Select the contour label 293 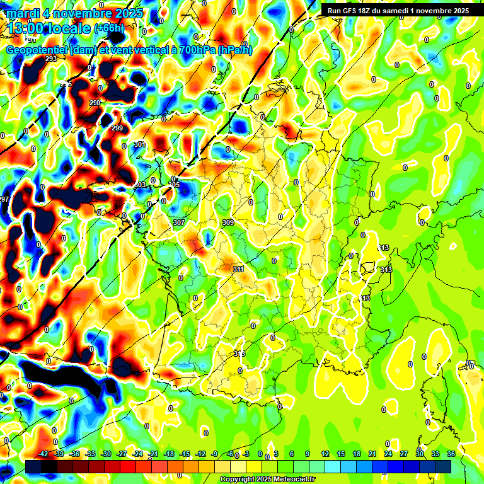[x=51, y=59]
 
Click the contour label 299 [x=117, y=129]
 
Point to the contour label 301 [x=140, y=145]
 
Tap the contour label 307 [x=179, y=223]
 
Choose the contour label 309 [x=228, y=223]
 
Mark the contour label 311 [x=239, y=269]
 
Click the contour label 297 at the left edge [x=4, y=199]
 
